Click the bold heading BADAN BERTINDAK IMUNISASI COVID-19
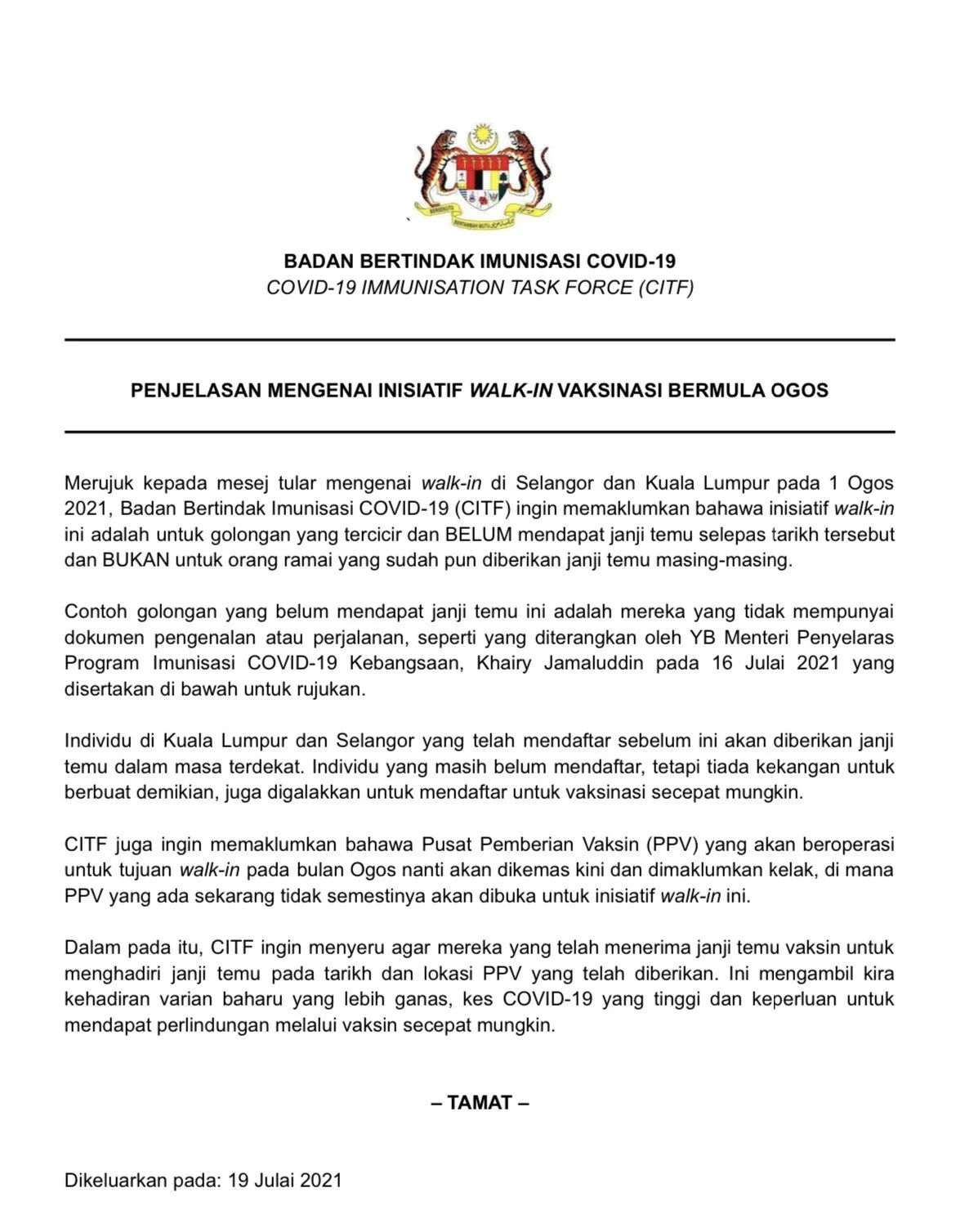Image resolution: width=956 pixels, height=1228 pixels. pos(480,262)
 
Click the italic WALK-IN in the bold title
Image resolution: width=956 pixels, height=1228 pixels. pos(511,390)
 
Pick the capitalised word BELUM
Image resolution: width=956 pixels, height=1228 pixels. pos(478,535)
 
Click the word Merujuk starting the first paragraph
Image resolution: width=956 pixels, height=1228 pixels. pos(99,483)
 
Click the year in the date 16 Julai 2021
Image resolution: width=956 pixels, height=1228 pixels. pos(818,663)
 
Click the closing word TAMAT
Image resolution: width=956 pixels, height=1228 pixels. pos(480,1102)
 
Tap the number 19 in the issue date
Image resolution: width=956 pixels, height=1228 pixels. pos(238,1181)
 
